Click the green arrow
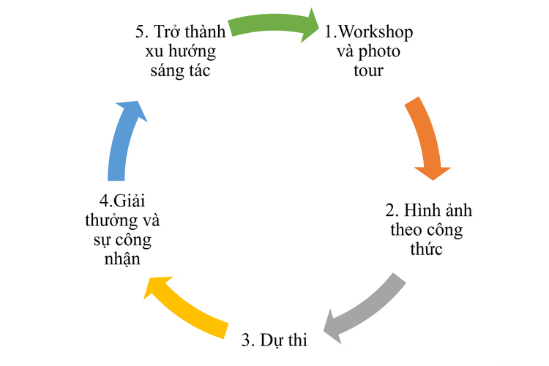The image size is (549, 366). point(269,23)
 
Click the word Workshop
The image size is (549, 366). point(376,32)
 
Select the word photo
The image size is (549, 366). point(379,52)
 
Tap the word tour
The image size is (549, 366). point(368,70)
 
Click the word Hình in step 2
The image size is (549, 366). point(417,211)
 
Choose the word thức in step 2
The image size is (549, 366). point(426,249)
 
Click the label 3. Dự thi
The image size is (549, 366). point(274,340)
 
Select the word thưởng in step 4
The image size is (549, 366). point(106,221)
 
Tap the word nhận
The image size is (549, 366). point(122,259)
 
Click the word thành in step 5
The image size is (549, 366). point(205,32)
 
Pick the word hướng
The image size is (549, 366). point(192,52)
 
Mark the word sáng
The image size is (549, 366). point(165,71)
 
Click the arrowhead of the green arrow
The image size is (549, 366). point(310,26)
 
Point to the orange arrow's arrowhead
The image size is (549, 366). point(433,173)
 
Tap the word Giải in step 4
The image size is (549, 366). point(129,201)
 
